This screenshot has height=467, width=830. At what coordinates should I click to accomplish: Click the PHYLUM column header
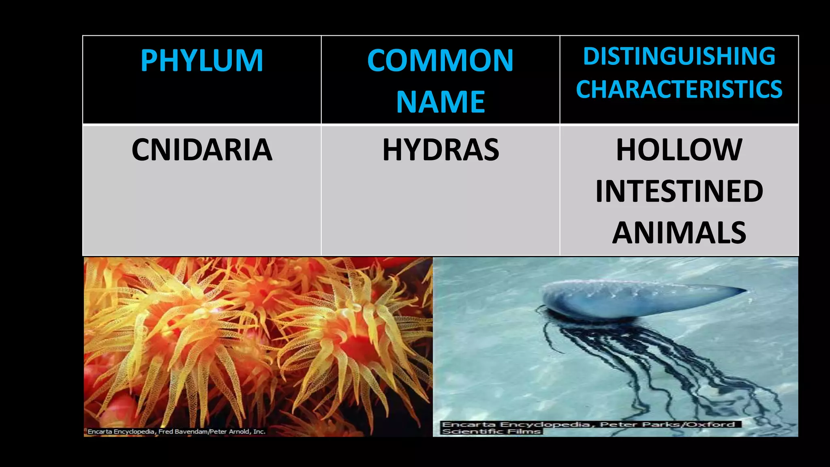tap(202, 61)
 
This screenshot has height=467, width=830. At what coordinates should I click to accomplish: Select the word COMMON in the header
tap(440, 61)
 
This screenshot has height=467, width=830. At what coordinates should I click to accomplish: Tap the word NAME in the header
tap(440, 102)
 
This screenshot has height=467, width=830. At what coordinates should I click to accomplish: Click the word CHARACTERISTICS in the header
tap(679, 89)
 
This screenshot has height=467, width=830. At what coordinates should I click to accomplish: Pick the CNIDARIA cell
tap(202, 150)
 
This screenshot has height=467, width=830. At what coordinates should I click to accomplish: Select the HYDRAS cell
tap(440, 150)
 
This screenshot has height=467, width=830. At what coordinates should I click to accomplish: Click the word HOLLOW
tap(679, 150)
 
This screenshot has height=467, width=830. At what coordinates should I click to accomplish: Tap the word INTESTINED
tap(679, 191)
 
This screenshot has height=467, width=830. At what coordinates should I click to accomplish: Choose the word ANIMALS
tap(679, 233)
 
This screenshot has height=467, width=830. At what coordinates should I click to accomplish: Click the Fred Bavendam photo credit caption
tap(176, 432)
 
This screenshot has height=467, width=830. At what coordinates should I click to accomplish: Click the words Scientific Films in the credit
tap(491, 431)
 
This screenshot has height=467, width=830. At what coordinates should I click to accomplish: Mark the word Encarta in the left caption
tap(100, 432)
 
